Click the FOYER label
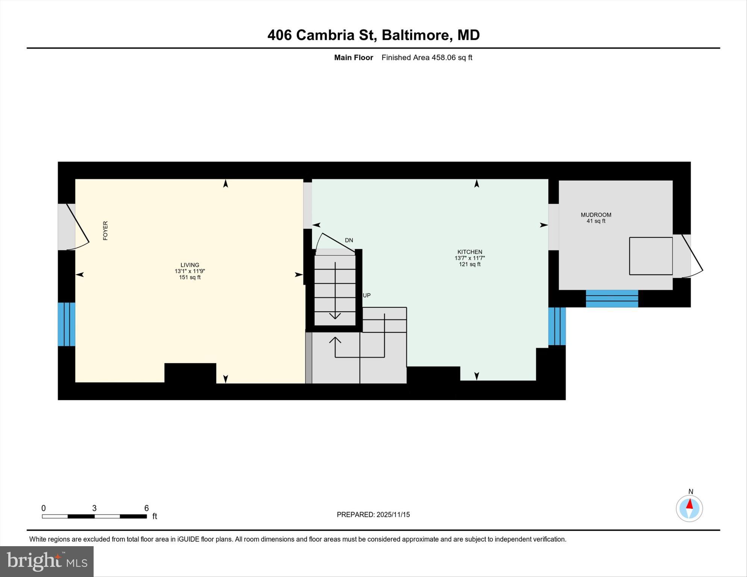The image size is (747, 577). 105,230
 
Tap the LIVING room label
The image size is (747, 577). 190,265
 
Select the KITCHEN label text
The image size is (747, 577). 470,252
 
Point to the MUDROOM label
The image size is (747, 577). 596,215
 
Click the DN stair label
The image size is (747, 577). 349,240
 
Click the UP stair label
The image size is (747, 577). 367,295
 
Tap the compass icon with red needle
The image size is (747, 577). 689,508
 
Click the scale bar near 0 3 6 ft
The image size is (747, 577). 94,516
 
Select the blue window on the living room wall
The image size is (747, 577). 67,324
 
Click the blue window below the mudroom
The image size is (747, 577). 612,298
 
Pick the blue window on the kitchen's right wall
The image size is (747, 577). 557,326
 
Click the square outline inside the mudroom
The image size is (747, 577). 651,256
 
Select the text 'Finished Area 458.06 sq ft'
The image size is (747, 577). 427,58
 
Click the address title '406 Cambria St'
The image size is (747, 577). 322,35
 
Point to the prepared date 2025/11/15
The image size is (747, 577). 373,515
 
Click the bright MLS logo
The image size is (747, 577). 47,562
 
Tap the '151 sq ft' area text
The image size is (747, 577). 190,277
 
